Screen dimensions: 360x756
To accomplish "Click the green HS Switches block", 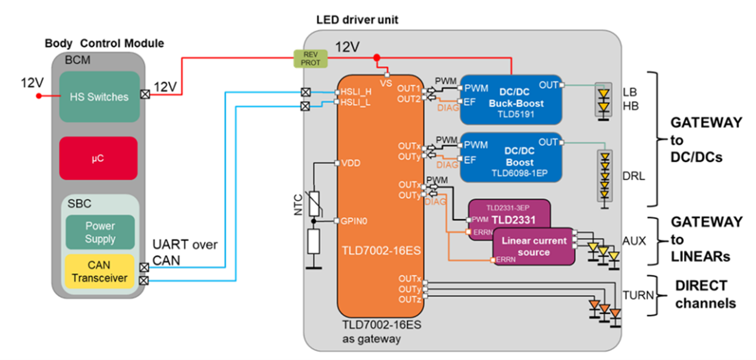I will pos(99,96).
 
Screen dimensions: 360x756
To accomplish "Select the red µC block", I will pos(98,158).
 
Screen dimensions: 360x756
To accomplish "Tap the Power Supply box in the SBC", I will pos(100,232).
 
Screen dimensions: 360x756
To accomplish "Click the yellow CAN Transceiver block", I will pos(100,271).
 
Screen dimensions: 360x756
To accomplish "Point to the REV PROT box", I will pos(310,58).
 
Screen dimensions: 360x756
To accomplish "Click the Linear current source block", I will pos(534,246).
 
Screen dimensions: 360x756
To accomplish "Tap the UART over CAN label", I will pos(184,252).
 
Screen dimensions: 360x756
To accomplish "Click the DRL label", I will pos(632,176).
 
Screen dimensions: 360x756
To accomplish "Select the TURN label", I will pos(638,295).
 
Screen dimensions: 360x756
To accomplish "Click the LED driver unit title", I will pos(357,20).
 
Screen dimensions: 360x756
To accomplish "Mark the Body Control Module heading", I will pos(104,43).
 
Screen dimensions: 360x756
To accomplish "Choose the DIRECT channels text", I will pos(705,294).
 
